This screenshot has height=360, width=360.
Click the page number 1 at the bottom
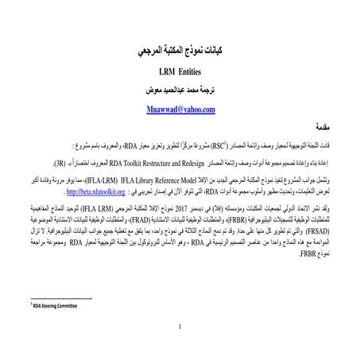180,347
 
